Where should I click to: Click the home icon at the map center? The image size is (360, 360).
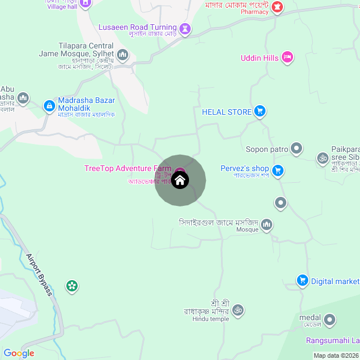click(180, 181)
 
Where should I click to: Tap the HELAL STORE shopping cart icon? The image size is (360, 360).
click(259, 111)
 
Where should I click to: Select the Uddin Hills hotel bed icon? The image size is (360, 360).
click(287, 57)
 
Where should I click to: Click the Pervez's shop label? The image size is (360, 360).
click(245, 169)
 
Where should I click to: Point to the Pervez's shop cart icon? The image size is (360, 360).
click(277, 169)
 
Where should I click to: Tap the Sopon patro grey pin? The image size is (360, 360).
click(296, 149)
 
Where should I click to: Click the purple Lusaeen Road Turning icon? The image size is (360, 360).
click(185, 28)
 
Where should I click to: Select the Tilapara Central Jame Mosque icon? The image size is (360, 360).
click(123, 55)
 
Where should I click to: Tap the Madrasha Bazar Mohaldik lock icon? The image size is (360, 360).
click(49, 105)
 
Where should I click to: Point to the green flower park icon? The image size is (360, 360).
click(71, 286)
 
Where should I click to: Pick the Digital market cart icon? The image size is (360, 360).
click(302, 281)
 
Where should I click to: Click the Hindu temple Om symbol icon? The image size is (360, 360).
click(237, 309)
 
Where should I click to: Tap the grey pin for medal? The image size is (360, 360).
click(330, 321)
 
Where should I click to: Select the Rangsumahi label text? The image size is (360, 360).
click(332, 340)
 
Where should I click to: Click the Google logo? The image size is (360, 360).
click(19, 353)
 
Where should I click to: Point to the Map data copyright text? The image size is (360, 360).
click(335, 355)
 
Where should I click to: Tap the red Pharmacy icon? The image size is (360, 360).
click(277, 7)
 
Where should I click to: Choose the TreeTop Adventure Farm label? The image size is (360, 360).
click(128, 168)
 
